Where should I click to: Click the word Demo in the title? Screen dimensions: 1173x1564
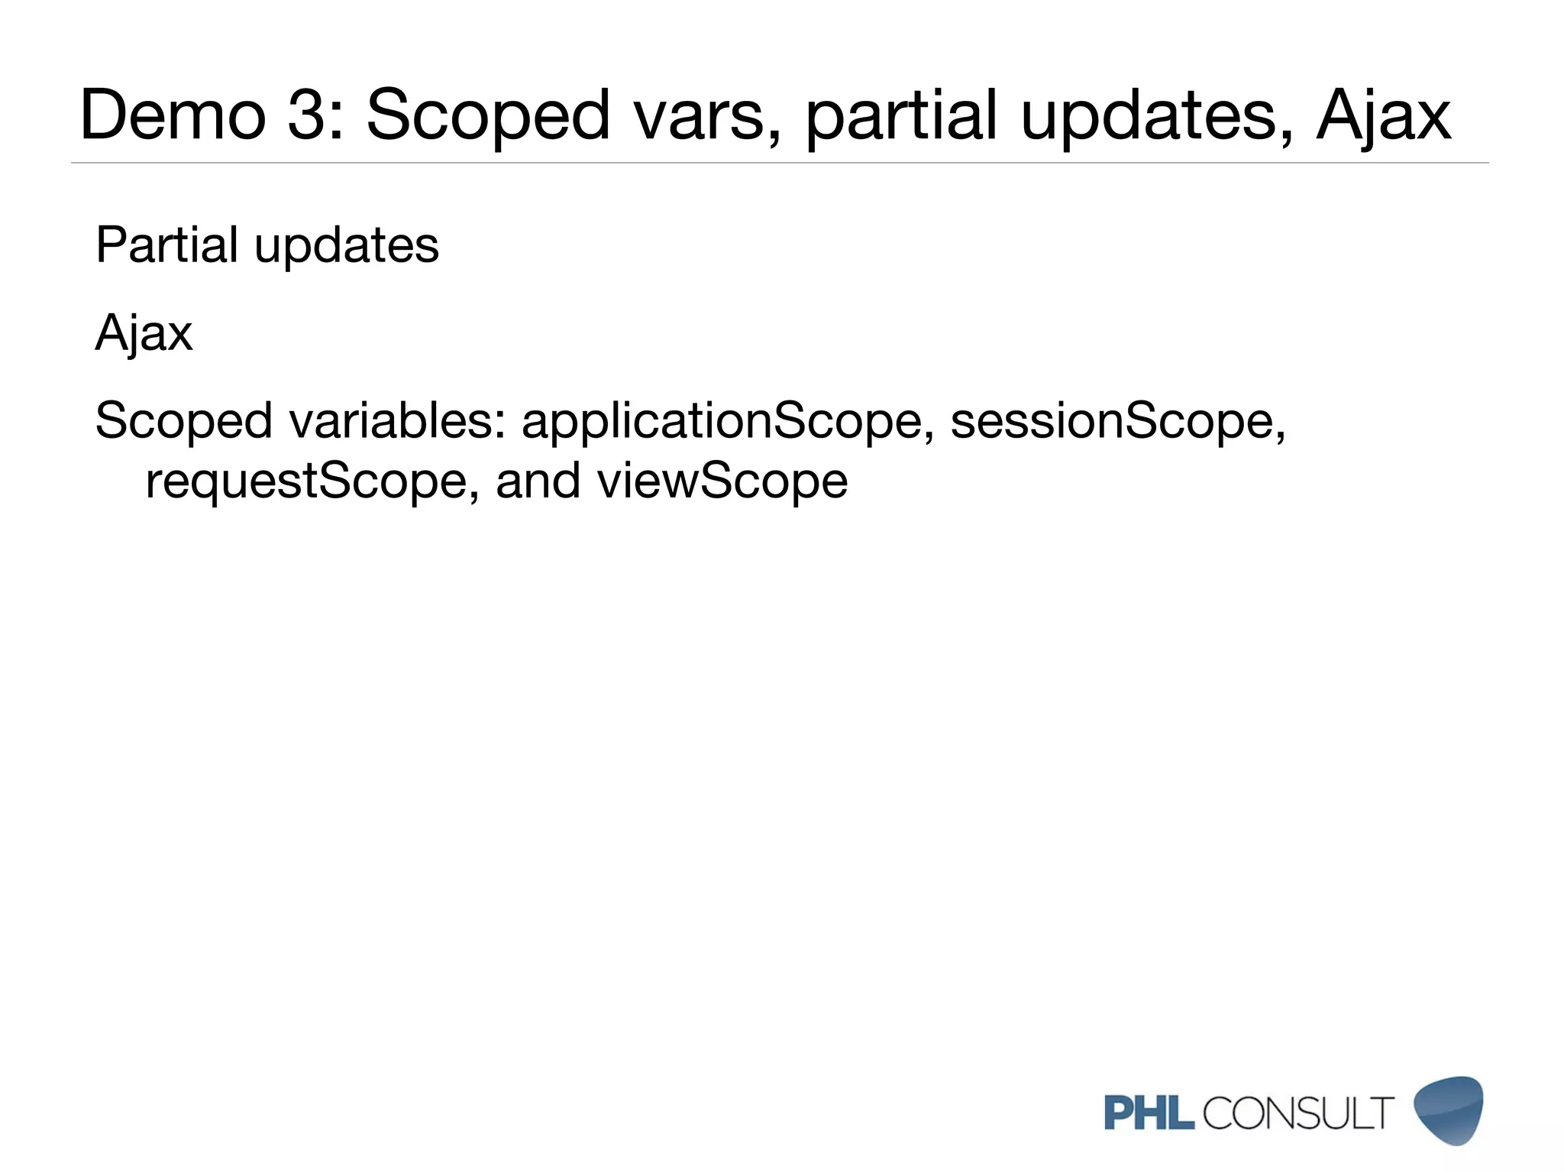[x=173, y=115]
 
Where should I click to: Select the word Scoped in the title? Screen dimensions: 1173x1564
[x=488, y=115]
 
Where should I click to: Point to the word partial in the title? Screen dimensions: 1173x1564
[x=902, y=117]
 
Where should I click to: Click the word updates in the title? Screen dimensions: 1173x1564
[x=1156, y=117]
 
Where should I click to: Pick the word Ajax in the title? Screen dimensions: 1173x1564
[x=1383, y=117]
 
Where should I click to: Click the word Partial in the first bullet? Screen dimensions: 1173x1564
[x=166, y=245]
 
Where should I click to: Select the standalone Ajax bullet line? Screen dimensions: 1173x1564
[x=144, y=334]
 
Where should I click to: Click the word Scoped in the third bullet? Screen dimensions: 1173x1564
[x=183, y=422]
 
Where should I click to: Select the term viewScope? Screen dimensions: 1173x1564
[x=722, y=482]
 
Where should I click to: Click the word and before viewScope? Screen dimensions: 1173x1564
[x=538, y=482]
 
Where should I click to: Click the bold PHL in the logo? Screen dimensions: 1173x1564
[x=1149, y=1113]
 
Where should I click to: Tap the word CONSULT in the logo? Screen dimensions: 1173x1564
[x=1298, y=1113]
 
